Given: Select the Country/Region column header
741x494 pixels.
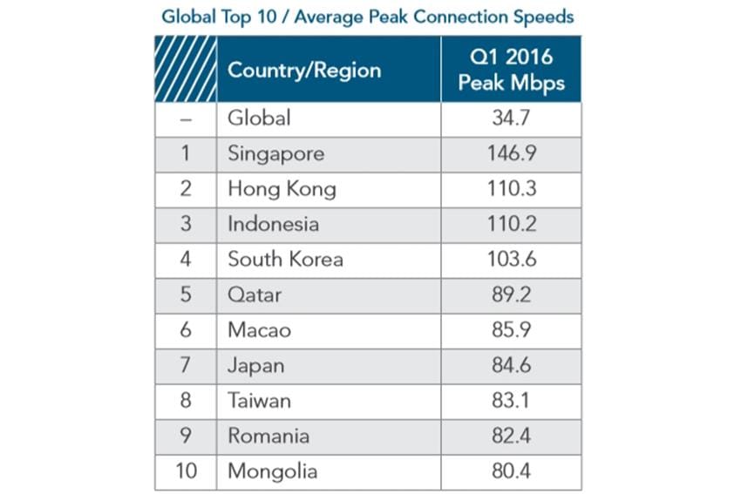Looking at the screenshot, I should [304, 70].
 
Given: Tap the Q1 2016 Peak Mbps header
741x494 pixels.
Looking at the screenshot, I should [510, 70].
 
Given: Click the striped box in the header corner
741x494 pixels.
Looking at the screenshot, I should [186, 69].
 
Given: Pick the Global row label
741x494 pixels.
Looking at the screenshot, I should [259, 118].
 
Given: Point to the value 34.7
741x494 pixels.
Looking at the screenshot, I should [510, 118].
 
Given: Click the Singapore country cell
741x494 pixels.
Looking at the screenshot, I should [275, 153].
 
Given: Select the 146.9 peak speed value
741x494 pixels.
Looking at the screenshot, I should [510, 153].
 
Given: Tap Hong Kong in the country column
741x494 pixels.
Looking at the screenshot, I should [282, 188].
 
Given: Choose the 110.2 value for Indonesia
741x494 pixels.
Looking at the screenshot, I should [510, 224].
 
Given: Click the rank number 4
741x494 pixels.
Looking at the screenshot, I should [185, 259].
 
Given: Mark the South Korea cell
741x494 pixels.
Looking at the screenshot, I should [285, 259].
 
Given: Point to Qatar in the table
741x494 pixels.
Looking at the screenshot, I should [255, 294].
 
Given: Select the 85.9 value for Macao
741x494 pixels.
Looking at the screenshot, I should [510, 330].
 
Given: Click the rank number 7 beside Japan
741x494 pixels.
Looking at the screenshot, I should [185, 365].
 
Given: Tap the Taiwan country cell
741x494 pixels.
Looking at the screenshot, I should [259, 401].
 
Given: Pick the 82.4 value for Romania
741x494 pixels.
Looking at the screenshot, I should [510, 436].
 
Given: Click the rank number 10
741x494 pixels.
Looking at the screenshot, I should [185, 471].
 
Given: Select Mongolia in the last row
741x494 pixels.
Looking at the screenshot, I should [272, 471].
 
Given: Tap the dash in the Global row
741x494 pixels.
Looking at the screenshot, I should [185, 118].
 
